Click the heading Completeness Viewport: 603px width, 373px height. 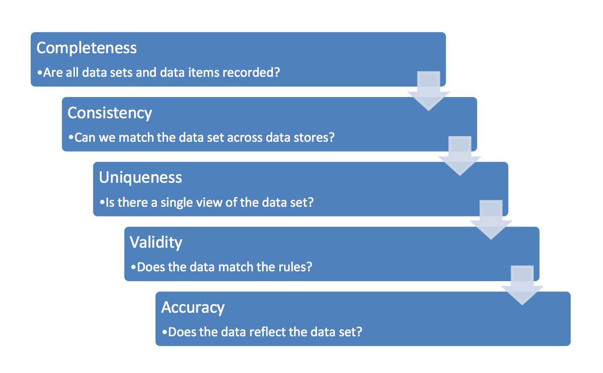pos(87,48)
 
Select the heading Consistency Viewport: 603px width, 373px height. pos(110,113)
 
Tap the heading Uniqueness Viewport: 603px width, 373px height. pos(140,178)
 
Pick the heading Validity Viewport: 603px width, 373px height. pos(156,242)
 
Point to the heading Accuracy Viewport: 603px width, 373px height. pos(193,307)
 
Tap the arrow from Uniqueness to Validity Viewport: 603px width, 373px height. pos(491,221)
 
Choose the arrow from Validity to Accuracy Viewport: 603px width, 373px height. pos(522,286)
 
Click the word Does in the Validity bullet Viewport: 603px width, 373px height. pos(150,267)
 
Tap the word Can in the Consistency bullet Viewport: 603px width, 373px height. pos(85,138)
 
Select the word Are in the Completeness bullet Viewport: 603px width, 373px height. pos(52,73)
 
